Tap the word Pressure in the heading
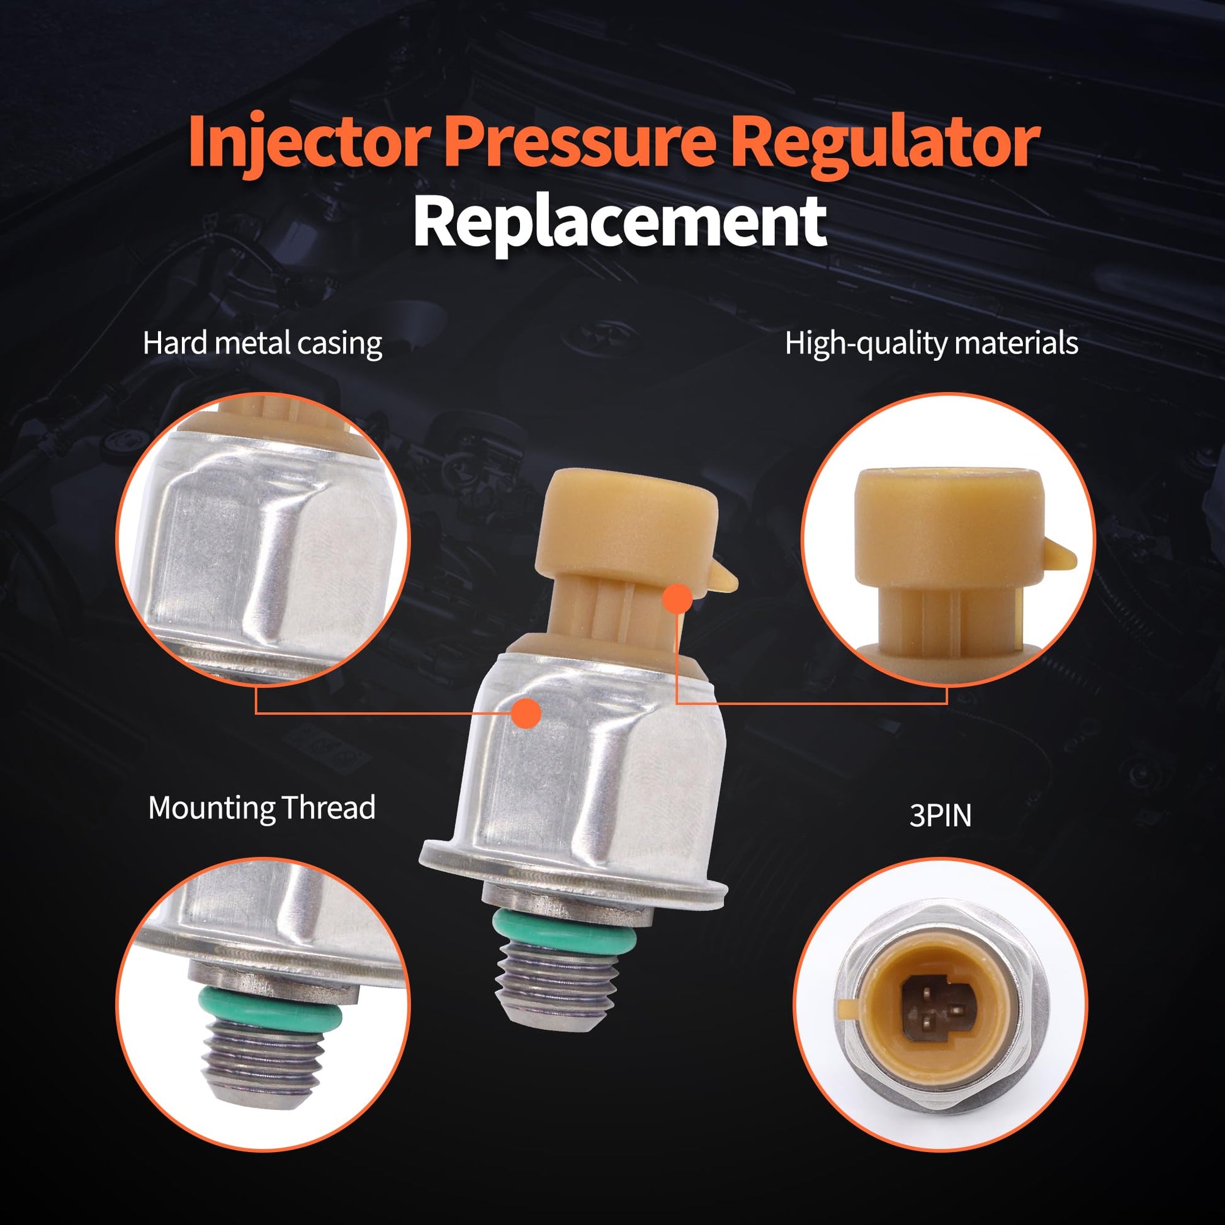pyautogui.click(x=580, y=142)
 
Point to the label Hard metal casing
pyautogui.click(x=262, y=344)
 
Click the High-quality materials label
pyautogui.click(x=932, y=344)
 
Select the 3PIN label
pyautogui.click(x=940, y=816)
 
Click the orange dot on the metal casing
pyautogui.click(x=525, y=712)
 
